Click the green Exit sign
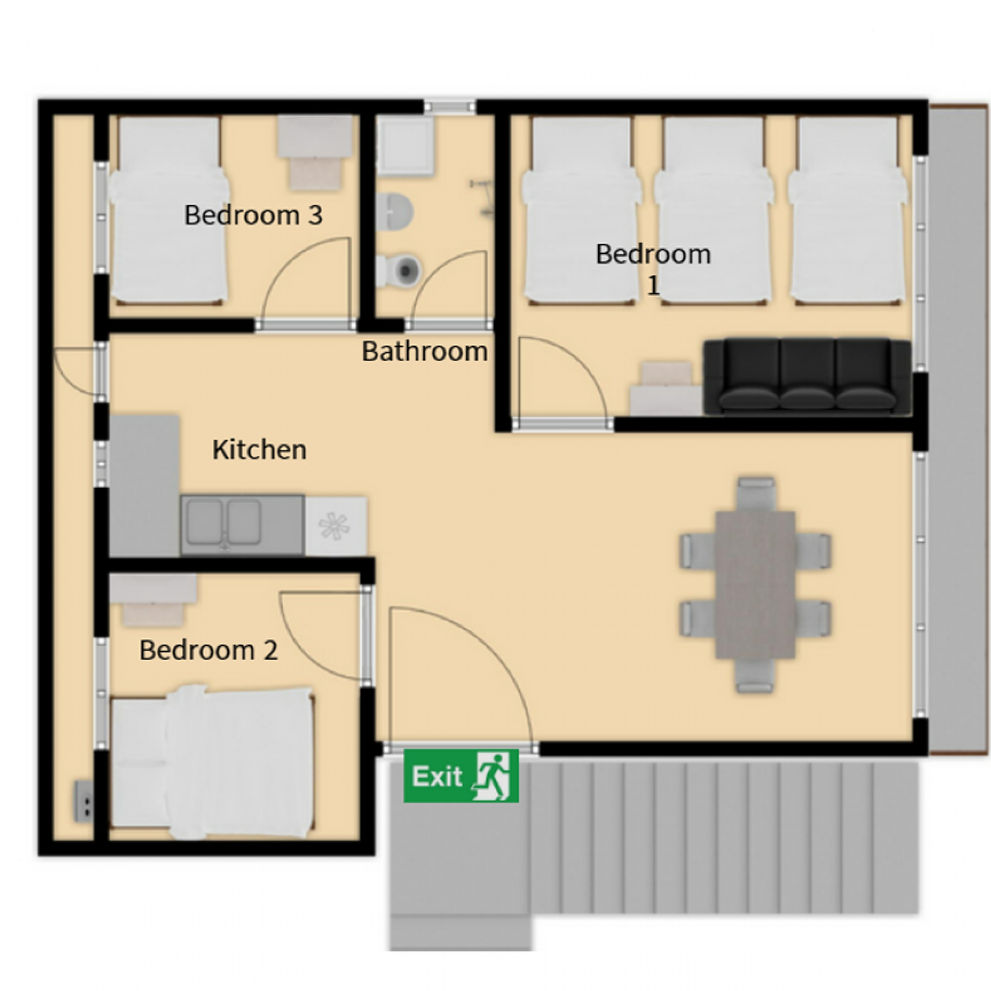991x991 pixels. [461, 776]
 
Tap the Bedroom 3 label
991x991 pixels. [253, 215]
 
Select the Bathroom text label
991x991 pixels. [425, 352]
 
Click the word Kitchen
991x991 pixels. [259, 450]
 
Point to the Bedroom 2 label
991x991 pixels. [208, 651]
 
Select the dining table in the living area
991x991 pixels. [755, 585]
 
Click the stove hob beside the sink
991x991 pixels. [335, 526]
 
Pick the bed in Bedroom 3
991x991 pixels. [169, 210]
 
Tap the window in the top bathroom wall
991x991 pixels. [450, 107]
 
